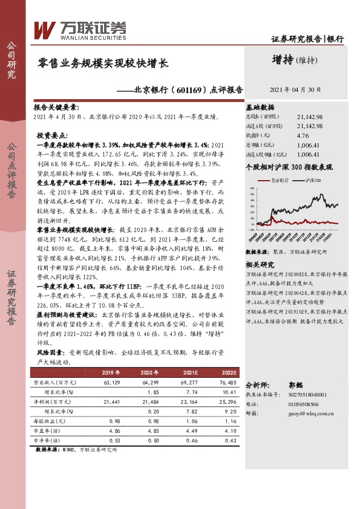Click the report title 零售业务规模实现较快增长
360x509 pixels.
coord(103,63)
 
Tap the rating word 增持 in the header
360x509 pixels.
coord(283,59)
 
